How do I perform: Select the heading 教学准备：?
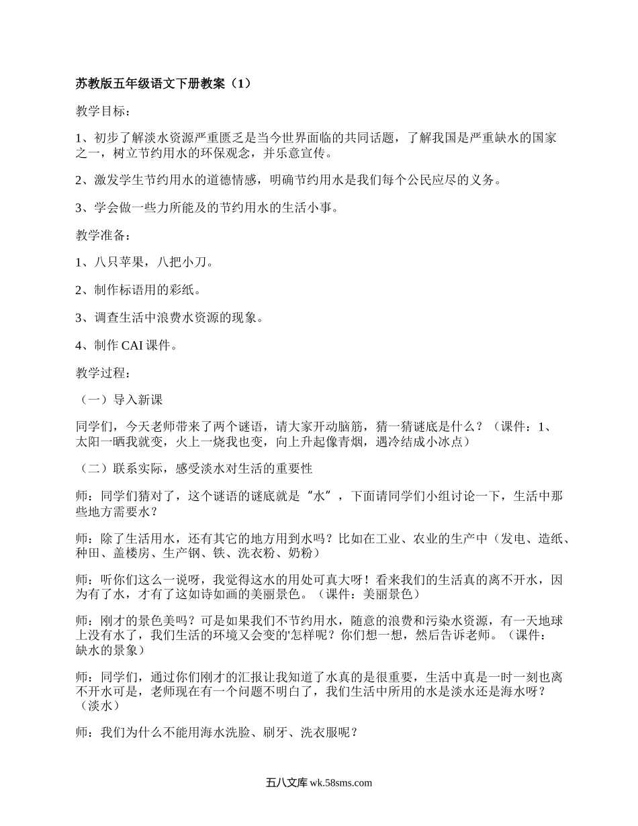click(x=103, y=236)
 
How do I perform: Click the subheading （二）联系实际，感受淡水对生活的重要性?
click(x=194, y=468)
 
